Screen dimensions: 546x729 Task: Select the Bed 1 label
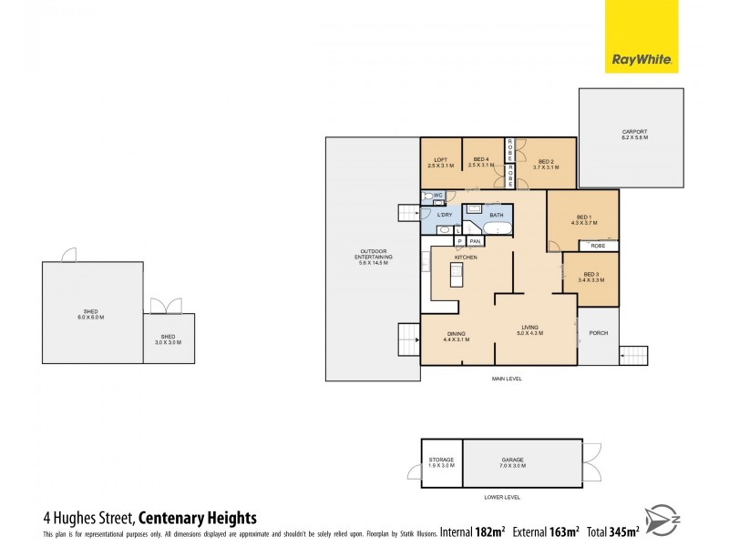tap(582, 219)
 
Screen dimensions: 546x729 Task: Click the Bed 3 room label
tap(590, 277)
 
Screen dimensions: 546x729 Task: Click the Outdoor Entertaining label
tap(374, 259)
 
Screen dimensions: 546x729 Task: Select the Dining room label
tap(456, 337)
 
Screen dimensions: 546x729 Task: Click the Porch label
tap(599, 333)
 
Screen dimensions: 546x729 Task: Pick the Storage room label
tap(441, 462)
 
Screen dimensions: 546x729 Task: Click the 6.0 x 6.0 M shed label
tap(90, 315)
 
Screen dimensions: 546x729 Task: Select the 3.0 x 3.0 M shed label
tap(169, 339)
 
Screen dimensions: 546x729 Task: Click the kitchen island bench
tap(457, 276)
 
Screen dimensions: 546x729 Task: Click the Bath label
tap(496, 216)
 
